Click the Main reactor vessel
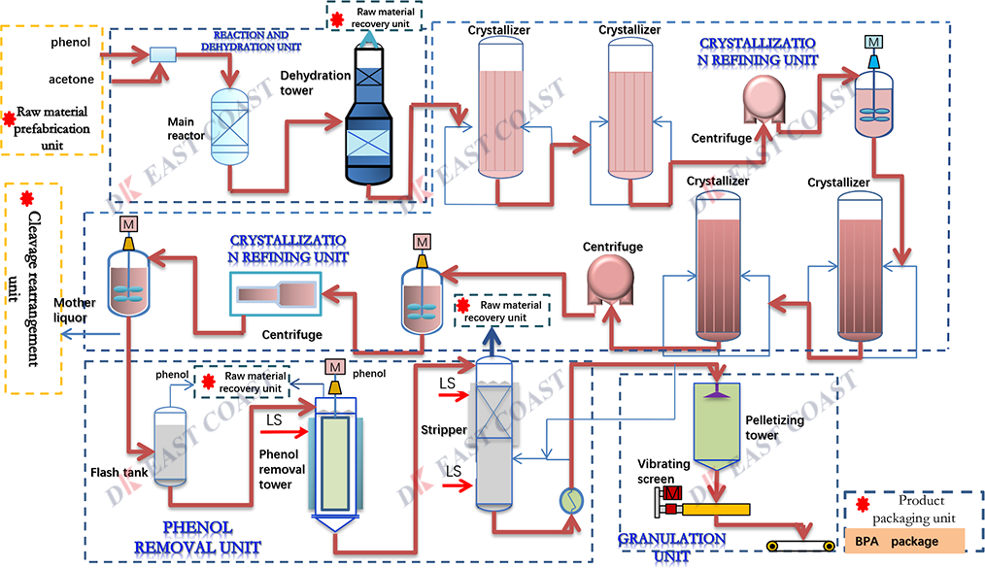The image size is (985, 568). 230,127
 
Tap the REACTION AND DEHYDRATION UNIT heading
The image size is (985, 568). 257,40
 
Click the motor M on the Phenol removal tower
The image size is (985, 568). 335,366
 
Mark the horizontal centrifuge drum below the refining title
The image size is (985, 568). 276,292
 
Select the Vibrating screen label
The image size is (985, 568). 663,472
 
